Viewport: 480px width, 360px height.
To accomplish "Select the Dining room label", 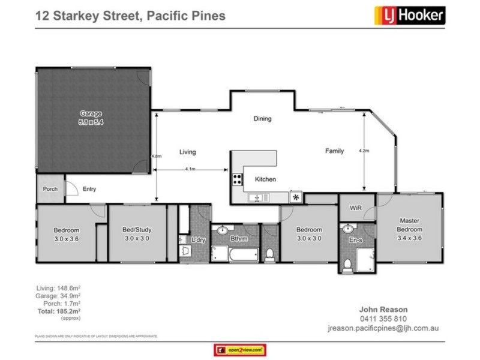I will (262, 119).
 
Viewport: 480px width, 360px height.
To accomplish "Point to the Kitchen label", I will (265, 179).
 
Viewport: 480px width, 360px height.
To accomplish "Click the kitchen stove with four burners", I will (238, 179).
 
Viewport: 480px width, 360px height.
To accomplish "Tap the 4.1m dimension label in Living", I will (191, 169).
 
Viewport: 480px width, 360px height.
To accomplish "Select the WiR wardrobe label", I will (355, 208).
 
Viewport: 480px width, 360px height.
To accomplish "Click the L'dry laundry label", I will (199, 241).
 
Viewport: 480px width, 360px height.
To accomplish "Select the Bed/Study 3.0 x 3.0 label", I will (136, 234).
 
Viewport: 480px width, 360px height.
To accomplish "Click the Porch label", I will (50, 189).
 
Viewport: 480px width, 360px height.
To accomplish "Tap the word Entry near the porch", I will (89, 189).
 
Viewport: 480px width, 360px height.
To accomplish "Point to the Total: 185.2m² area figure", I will (58, 312).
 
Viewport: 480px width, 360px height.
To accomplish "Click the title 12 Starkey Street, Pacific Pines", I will (130, 16).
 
